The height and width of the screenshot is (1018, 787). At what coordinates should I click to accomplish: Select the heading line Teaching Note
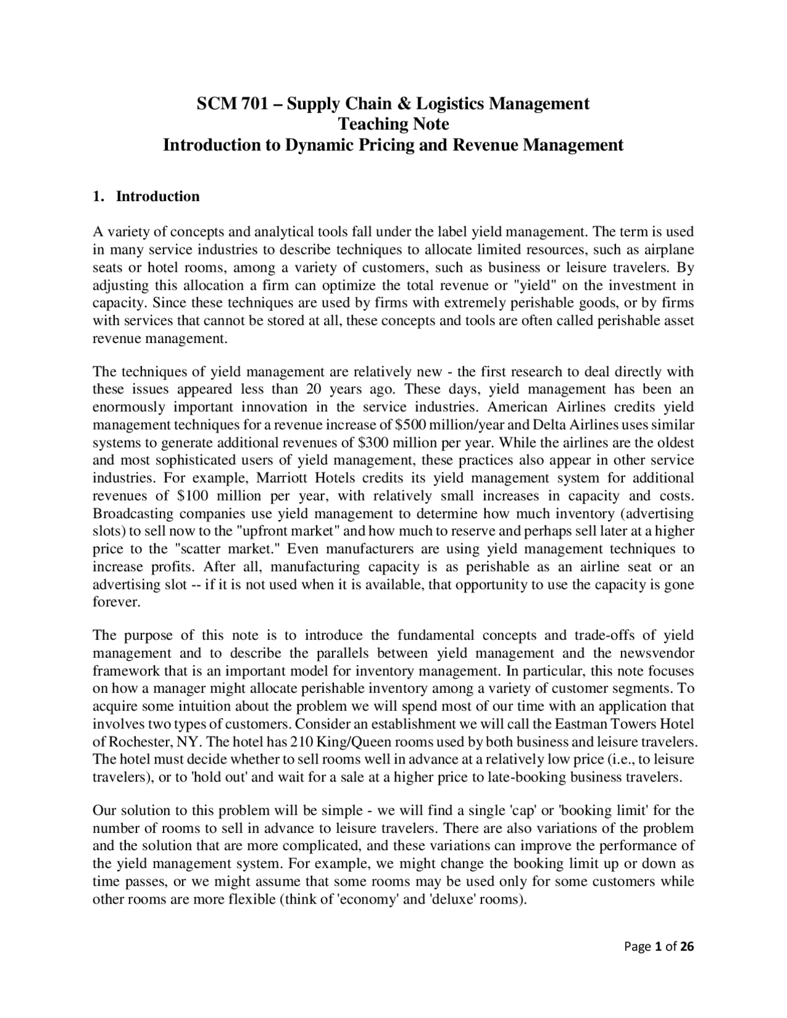393,124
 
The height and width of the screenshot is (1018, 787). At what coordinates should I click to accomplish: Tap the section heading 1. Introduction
146,197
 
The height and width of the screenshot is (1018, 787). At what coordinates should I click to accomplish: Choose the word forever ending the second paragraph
116,602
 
